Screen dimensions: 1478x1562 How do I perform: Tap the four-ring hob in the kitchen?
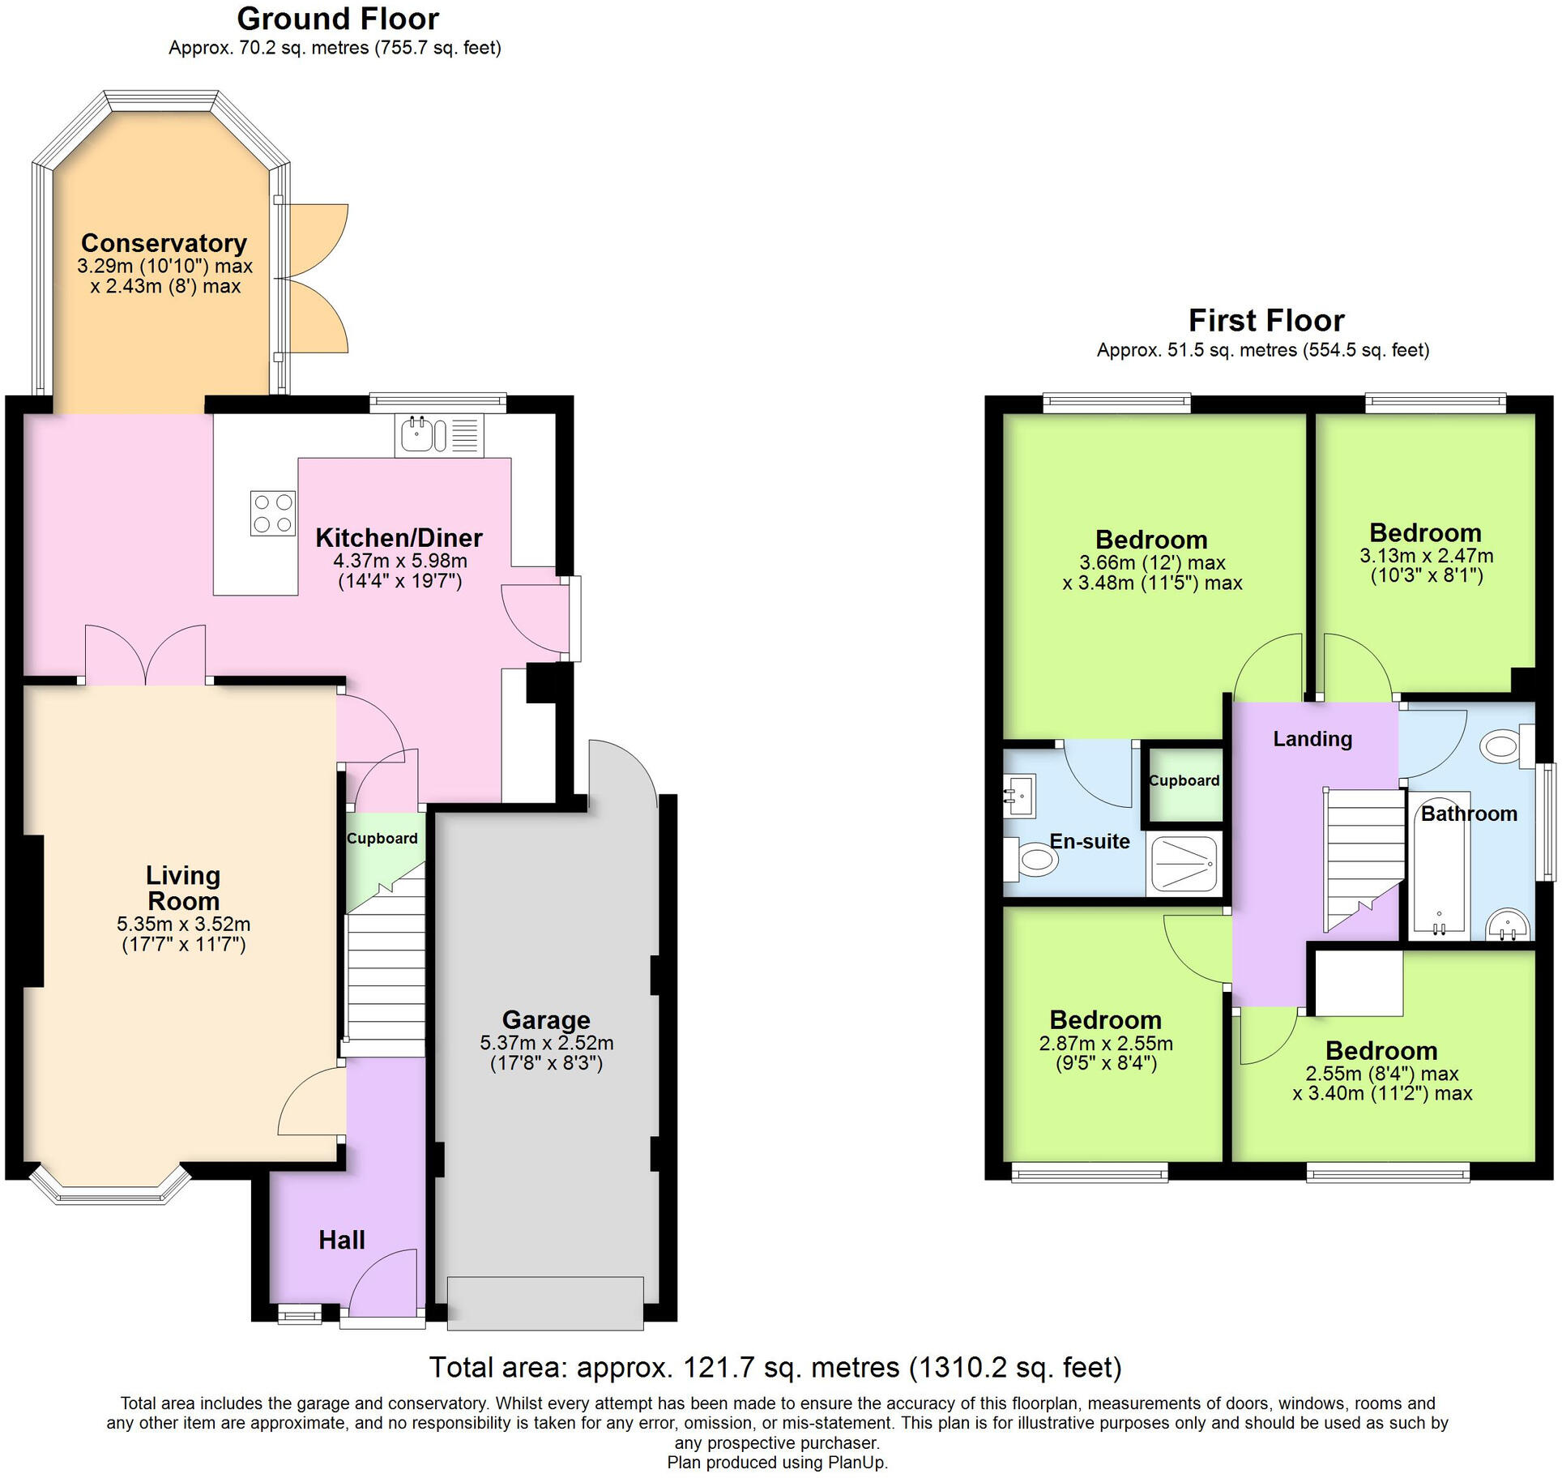272,513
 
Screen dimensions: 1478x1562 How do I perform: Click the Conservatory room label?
164,243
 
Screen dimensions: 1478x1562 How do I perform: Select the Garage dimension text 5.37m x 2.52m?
546,1043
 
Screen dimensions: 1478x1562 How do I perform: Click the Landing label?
1312,739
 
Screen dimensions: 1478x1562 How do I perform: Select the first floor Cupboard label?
1184,780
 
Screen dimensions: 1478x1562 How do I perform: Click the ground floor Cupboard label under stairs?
382,839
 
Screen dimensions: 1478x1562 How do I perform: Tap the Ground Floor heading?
338,19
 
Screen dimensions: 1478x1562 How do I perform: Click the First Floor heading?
1265,321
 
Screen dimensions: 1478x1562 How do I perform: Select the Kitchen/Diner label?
399,538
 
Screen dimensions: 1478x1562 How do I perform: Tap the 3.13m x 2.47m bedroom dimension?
1426,556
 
